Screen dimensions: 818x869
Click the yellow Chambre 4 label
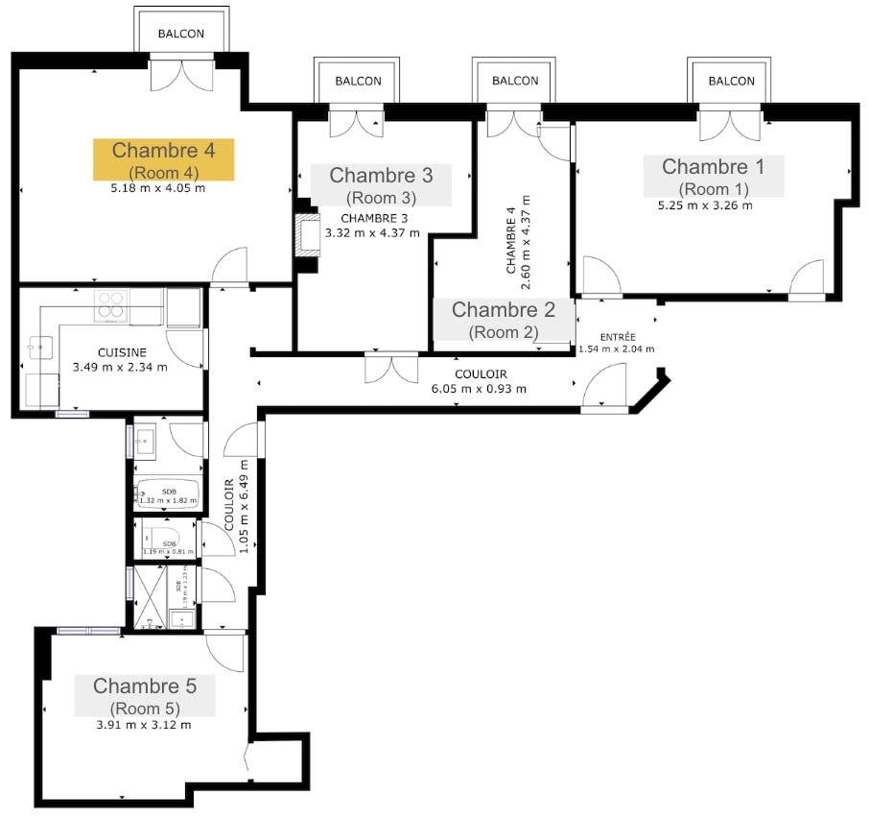tap(163, 159)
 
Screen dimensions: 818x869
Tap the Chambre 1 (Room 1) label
tap(714, 176)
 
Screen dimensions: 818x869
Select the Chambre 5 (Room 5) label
tap(145, 696)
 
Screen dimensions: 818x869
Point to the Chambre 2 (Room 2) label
tap(504, 319)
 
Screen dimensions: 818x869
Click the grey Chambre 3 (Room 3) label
tap(381, 185)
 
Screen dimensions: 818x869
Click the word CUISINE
tap(121, 352)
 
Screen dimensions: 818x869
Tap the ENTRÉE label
tap(616, 337)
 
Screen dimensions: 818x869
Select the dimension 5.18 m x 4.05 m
tap(158, 188)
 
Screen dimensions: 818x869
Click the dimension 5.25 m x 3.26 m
tap(705, 204)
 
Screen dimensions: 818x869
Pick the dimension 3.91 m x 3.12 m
tap(144, 725)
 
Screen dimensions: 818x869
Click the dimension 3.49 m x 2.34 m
tap(121, 367)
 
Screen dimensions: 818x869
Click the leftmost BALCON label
tap(181, 34)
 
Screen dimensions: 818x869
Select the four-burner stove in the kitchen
tap(111, 304)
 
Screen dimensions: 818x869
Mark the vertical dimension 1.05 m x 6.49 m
tap(236, 517)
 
